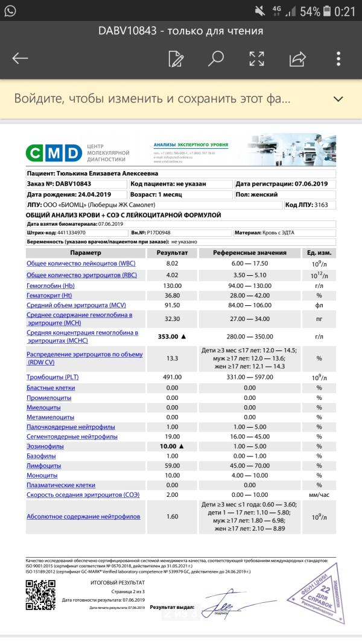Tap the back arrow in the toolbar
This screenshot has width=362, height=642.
pos(21,58)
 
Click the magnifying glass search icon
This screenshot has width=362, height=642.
pos(216,58)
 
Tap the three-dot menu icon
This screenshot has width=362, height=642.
pos(338,58)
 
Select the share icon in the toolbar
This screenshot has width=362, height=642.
pos(297,58)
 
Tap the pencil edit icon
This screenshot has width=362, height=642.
pos(176,58)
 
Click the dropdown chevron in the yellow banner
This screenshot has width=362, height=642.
pos(338,99)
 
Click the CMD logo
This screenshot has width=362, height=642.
pos(54,152)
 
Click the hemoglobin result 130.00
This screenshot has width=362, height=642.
pos(172,285)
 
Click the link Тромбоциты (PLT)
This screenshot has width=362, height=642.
pos(52,377)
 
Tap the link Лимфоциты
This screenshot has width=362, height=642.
pos(44,465)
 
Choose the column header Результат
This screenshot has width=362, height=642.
pos(172,253)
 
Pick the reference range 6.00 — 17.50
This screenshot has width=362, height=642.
pos(250,264)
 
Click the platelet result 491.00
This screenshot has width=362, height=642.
pos(172,377)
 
